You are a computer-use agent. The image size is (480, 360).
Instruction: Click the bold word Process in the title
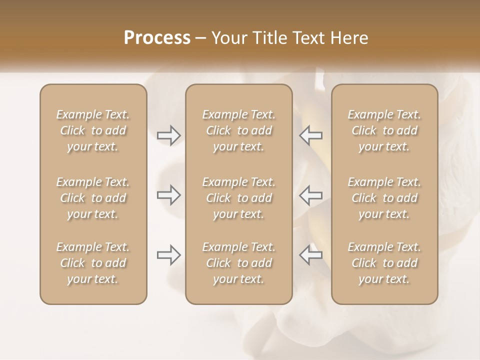point(157,38)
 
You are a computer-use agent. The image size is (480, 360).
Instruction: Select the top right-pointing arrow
point(169,135)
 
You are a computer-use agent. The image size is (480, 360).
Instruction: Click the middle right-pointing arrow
point(169,195)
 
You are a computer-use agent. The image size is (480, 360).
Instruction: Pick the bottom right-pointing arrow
point(169,255)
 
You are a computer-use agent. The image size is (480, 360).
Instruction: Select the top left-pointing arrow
point(311,135)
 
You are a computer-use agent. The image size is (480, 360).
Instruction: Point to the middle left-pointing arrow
point(311,195)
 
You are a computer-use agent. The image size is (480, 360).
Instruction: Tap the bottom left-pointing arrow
point(311,255)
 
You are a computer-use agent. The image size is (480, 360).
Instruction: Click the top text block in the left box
point(93,130)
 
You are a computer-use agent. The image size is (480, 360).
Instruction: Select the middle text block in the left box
point(93,198)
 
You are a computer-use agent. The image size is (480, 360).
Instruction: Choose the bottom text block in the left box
point(93,263)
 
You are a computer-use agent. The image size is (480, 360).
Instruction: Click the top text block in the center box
point(238,130)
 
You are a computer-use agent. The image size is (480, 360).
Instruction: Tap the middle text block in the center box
point(238,198)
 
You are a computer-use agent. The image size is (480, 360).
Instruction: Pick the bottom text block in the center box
point(238,263)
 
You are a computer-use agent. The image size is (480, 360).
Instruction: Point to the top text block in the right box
point(384,130)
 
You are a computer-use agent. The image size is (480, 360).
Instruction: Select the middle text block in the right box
point(384,198)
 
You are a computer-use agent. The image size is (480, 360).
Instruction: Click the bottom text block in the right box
point(384,263)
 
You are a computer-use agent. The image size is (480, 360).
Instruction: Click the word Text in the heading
point(307,38)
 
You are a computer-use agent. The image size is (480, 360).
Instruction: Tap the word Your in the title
point(228,38)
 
